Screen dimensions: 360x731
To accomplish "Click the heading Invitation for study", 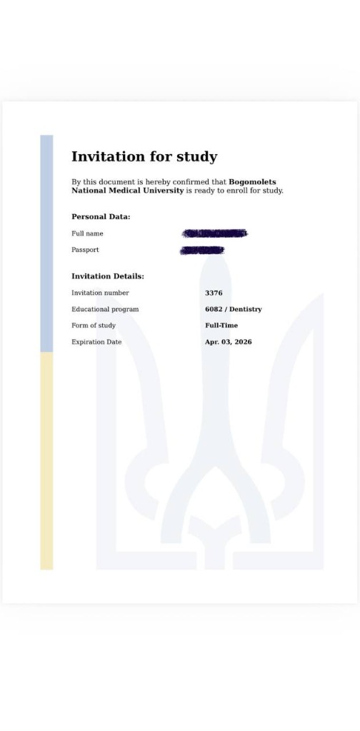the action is (x=144, y=157).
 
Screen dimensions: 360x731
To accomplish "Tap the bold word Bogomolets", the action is (x=252, y=182).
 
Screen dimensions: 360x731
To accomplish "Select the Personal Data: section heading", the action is (x=101, y=216).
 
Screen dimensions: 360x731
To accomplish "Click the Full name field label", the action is (x=87, y=233).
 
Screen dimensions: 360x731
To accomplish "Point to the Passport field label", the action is (x=85, y=250).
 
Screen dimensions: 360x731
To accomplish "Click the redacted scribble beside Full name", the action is (x=214, y=233).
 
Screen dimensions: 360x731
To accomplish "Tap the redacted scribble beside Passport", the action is (x=202, y=250).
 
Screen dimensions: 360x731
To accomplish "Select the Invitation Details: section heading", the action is (x=108, y=276).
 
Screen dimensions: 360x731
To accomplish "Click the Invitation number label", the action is (x=100, y=293).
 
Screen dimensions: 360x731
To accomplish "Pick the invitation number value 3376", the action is (x=214, y=293).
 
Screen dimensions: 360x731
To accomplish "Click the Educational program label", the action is (x=105, y=309).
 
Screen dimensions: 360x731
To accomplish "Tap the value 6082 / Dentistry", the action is (x=233, y=309).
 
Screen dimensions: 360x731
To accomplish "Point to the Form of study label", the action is (x=93, y=326).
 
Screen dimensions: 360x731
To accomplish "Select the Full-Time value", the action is (x=221, y=326).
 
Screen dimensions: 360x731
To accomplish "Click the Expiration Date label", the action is (x=96, y=342).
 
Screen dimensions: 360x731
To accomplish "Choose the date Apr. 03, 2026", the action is (x=228, y=342).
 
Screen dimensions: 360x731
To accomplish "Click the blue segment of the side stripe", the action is (x=46, y=243).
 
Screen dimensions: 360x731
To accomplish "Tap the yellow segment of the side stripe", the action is (x=46, y=460).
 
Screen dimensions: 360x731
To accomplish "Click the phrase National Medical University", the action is (x=127, y=191).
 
